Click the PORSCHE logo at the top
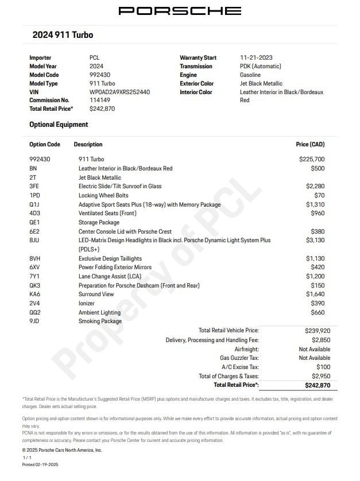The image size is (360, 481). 180,11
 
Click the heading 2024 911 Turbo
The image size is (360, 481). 63,35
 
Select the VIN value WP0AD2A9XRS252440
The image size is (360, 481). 119,92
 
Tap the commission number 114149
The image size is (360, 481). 100,100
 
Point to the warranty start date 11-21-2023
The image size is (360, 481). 256,57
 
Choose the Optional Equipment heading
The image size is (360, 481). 59,125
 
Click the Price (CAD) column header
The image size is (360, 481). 309,145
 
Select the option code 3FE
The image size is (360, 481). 35,187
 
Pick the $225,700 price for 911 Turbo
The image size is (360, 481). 312,159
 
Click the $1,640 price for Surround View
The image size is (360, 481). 315,294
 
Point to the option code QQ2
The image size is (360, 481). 36,313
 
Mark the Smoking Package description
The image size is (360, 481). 100,321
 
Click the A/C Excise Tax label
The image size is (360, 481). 240,367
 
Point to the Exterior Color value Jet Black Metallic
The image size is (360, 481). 261,83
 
